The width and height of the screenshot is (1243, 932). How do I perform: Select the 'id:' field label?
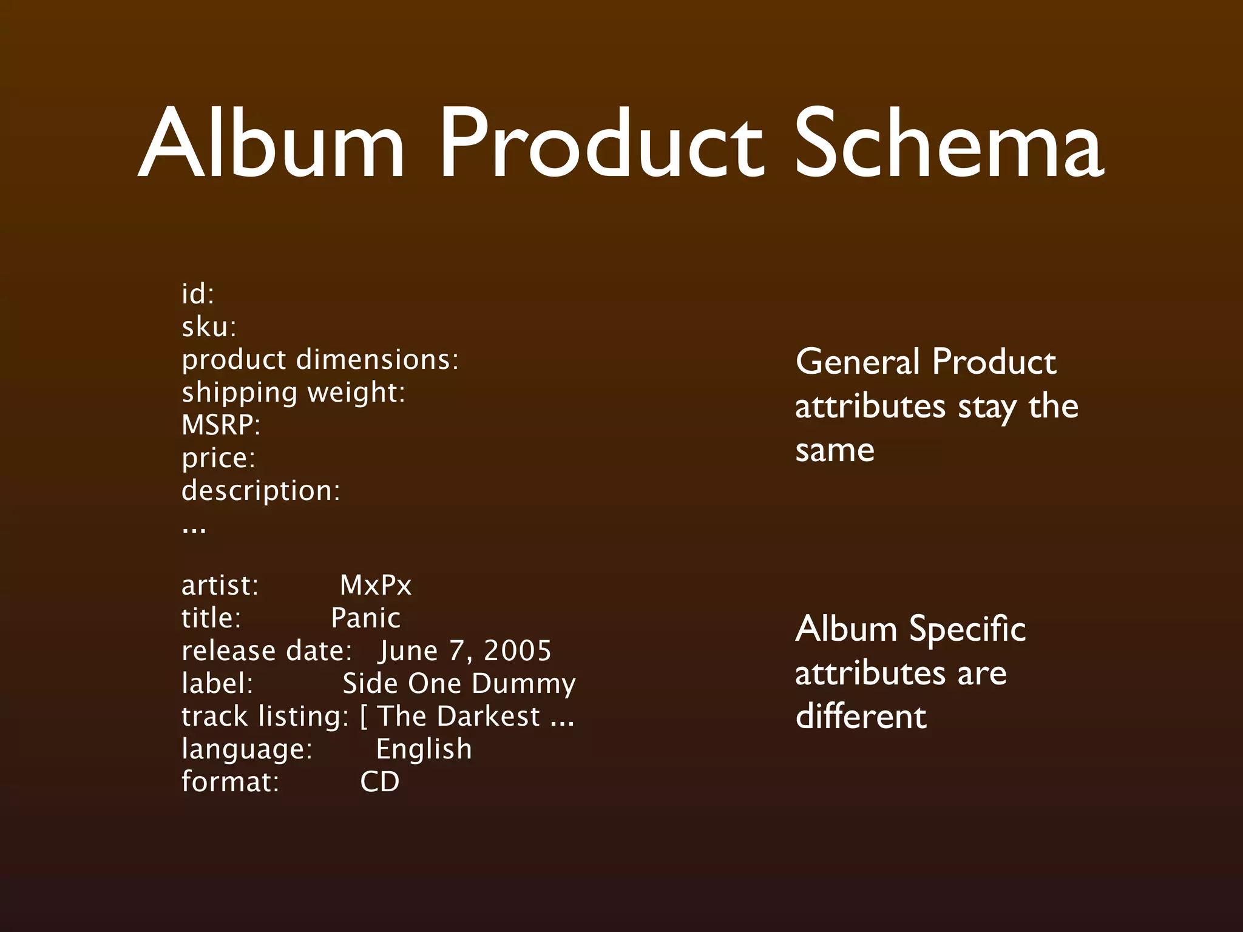point(198,294)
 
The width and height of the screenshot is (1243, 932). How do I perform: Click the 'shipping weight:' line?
point(293,393)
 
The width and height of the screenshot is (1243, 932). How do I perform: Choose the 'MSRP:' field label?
point(221,425)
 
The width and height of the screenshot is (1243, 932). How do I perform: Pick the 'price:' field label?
point(218,458)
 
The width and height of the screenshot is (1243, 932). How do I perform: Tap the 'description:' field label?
point(261,491)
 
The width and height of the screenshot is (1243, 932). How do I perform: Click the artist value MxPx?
point(376,586)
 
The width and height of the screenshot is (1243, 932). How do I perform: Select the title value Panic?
point(366,618)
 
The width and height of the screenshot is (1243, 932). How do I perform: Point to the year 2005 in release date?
point(518,651)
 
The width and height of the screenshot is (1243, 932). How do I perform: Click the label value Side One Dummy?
point(459,684)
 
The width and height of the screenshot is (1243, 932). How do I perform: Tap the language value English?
point(424,749)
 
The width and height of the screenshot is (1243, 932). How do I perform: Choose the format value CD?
point(380,782)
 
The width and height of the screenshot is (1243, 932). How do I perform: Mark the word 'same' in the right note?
point(835,451)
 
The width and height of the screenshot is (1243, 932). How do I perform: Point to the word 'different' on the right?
point(861,717)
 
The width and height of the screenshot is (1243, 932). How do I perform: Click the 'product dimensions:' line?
point(320,360)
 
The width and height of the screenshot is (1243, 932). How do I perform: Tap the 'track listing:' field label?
point(265,717)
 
